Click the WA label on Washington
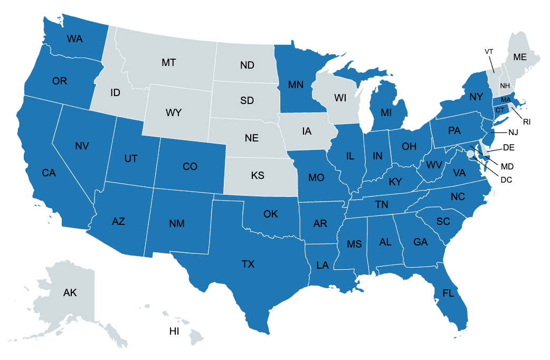click(74, 39)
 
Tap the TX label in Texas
click(248, 264)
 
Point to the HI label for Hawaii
click(174, 331)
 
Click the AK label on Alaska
click(71, 292)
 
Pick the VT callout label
click(489, 51)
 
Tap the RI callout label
click(527, 121)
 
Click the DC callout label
click(506, 179)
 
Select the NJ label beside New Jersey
click(514, 131)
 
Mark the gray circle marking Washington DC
click(470, 154)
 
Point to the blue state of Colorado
click(190, 167)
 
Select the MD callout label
click(508, 166)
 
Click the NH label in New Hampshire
click(505, 86)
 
